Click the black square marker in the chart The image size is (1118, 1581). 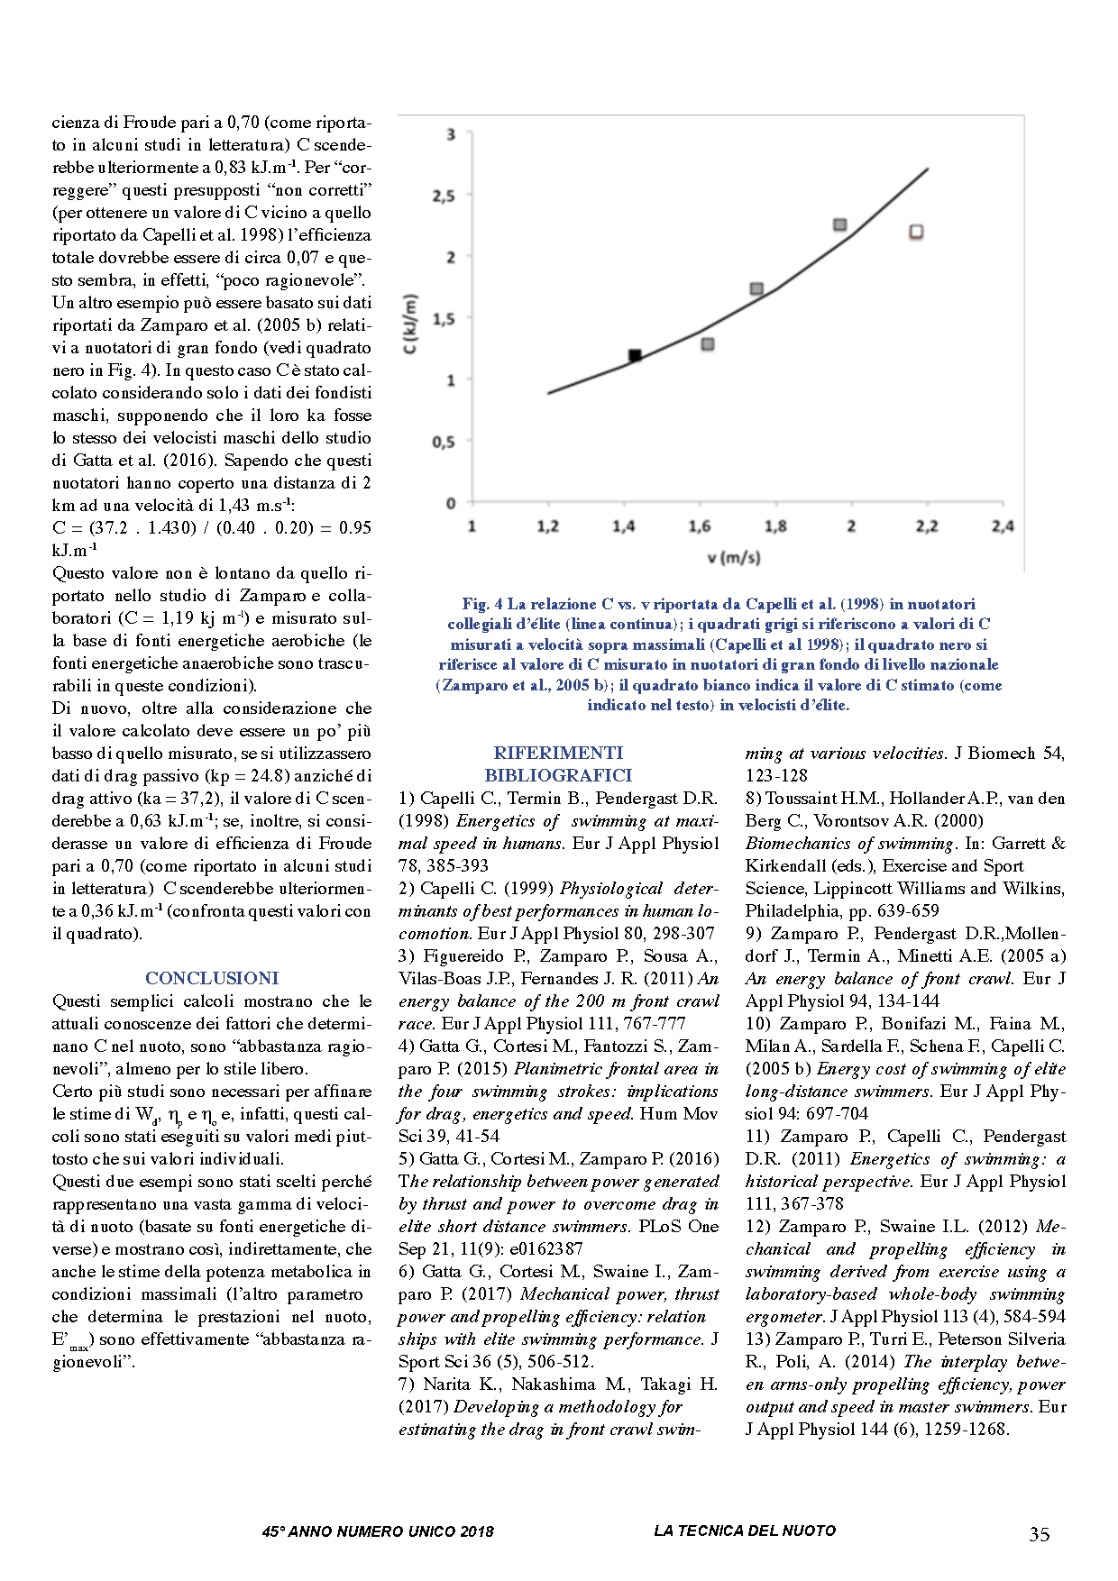635,356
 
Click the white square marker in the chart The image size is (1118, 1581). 916,233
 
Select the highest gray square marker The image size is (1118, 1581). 839,224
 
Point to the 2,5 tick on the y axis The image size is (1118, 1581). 444,196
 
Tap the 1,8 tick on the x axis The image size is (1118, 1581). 775,526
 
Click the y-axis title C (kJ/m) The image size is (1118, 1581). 412,324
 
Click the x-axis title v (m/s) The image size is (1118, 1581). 734,558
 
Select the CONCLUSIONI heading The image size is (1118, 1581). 212,978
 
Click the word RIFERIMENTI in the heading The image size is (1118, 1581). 558,753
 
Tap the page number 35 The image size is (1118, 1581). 1039,1534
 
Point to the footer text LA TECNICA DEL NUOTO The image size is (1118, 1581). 745,1531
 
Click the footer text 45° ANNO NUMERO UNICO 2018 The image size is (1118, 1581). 378,1531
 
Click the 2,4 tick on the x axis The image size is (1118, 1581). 1003,526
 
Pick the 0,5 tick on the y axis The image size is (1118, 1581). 444,442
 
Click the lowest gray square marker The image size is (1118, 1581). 708,344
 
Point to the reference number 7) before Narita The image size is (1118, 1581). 407,1385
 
